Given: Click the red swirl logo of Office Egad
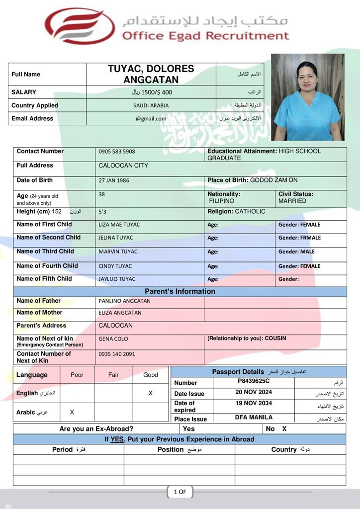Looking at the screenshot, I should pos(80,26).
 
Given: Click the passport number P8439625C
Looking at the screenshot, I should pos(254,381).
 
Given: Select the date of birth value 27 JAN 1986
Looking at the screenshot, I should pos(114,180).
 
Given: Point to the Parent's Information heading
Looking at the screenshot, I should pos(180,291).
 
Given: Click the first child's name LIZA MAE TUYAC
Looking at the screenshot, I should pos(119,225).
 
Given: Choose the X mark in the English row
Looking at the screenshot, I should pos(151,393).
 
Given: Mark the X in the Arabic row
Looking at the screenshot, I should pos(72,412).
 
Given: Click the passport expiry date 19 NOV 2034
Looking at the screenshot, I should pos(254,403).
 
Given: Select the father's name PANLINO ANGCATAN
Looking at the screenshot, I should pos(124,301).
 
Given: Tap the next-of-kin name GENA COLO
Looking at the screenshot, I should pos(113,339).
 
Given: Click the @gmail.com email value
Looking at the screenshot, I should pos(151,119).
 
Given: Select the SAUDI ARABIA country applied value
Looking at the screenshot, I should pos(151,105).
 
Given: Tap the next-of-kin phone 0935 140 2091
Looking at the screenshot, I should pos(117,354).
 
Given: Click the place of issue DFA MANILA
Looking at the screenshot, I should pos(254,418).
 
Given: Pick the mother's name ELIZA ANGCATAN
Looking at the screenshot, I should pos(120,313).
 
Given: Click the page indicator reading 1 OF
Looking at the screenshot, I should pos(180,492).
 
